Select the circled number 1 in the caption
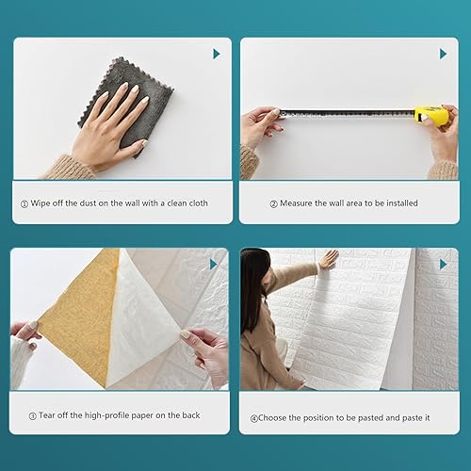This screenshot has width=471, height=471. point(24,203)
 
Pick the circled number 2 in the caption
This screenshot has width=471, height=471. point(274,203)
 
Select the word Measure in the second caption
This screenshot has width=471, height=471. point(300,203)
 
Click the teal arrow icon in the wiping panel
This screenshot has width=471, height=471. point(216,54)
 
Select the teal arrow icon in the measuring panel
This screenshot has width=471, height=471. point(444,54)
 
